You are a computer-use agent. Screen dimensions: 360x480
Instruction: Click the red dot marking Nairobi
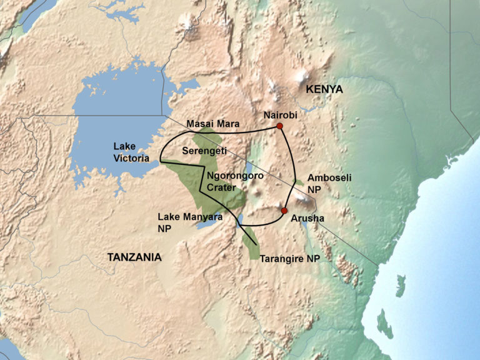(280, 126)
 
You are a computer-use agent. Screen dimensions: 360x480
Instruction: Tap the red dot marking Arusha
(284, 211)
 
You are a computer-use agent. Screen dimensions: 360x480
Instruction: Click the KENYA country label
(324, 90)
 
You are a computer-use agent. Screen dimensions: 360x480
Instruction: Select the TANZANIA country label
(134, 257)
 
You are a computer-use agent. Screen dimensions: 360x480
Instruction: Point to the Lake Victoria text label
(131, 152)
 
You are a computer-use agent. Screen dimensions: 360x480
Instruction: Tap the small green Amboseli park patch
(300, 182)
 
